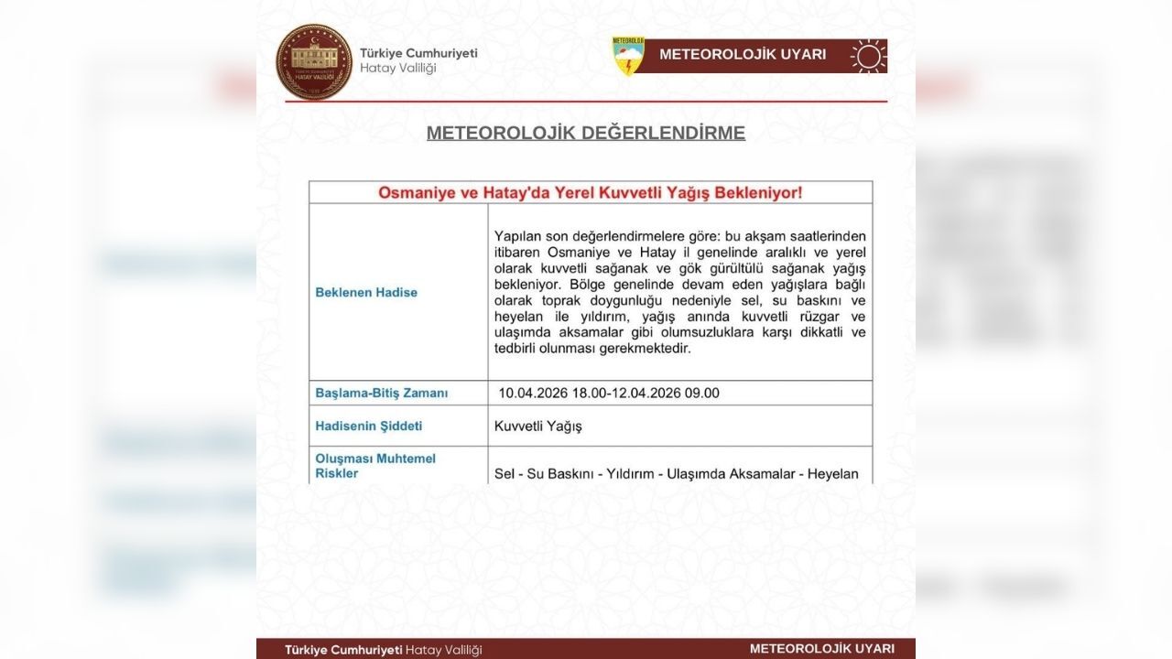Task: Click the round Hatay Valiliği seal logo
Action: (x=314, y=61)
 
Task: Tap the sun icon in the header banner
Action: (x=868, y=56)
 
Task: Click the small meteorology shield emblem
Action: (x=628, y=56)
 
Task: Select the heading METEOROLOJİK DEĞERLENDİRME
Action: (x=586, y=133)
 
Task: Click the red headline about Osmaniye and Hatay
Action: (x=590, y=193)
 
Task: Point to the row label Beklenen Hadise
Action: (x=366, y=293)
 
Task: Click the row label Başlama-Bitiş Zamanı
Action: (x=382, y=394)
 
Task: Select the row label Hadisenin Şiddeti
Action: (x=369, y=427)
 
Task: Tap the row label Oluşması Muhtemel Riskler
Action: (x=375, y=466)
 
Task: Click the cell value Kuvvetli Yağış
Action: (x=538, y=427)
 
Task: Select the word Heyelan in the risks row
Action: (x=834, y=474)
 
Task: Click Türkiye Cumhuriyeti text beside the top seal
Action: (x=418, y=53)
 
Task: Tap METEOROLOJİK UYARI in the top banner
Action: (x=743, y=55)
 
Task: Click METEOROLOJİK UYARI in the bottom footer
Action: (x=821, y=649)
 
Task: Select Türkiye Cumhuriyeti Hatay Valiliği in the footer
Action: (x=383, y=650)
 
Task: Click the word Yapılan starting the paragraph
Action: (x=518, y=236)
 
